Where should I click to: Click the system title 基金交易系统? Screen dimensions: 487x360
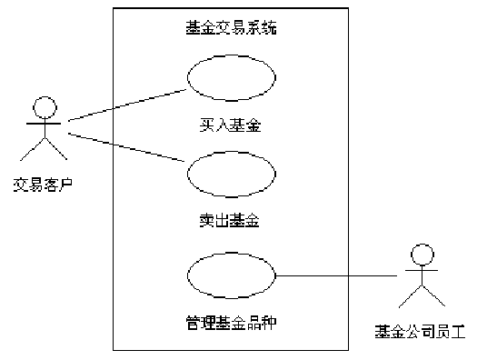(x=231, y=27)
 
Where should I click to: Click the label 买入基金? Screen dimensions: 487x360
(x=230, y=125)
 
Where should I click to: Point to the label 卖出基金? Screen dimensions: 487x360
(x=230, y=220)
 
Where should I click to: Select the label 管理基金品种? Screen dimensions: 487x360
(x=231, y=323)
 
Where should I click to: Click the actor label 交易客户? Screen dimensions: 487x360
(x=44, y=185)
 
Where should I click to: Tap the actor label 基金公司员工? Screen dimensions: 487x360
(x=420, y=332)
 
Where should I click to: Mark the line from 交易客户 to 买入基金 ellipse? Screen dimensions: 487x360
(x=127, y=105)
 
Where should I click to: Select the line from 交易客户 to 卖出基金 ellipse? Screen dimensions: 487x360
(x=126, y=147)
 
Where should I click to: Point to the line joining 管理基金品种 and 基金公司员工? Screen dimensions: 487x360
(x=336, y=275)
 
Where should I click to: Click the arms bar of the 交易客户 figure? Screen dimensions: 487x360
(x=44, y=124)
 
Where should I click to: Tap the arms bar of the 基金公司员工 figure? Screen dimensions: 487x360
(x=422, y=271)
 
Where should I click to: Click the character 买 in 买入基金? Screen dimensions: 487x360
(x=207, y=125)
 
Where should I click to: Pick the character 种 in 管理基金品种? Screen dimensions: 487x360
(x=269, y=323)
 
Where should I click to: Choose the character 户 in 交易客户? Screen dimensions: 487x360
(x=65, y=185)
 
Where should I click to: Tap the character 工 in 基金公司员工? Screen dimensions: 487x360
(x=458, y=332)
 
